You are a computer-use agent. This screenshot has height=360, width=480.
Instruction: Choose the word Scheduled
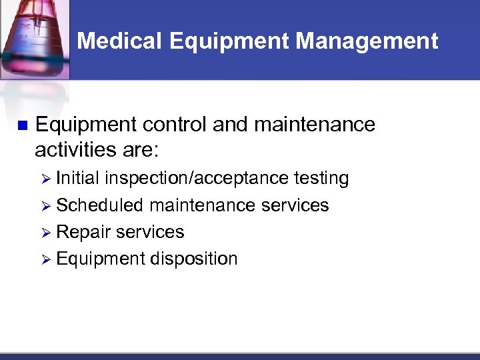pyautogui.click(x=100, y=205)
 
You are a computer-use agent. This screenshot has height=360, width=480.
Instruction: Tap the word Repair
pyautogui.click(x=84, y=232)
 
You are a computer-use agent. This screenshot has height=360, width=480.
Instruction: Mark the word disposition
pyautogui.click(x=194, y=259)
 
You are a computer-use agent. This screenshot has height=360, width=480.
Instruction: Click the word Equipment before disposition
pyautogui.click(x=101, y=259)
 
